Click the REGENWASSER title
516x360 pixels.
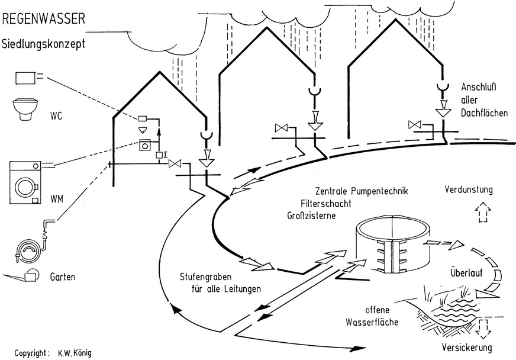(44, 20)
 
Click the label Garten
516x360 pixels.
(62, 277)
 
